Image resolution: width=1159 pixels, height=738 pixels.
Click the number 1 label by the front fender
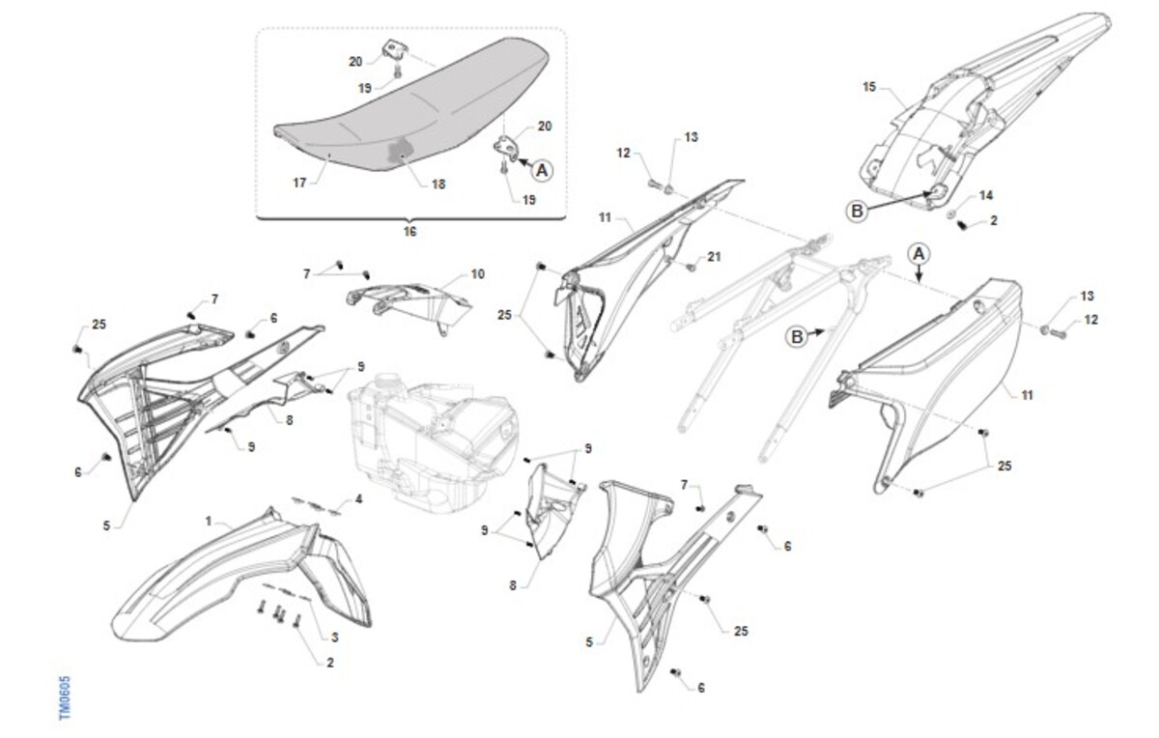[x=209, y=522]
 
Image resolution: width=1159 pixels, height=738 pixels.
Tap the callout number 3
[x=335, y=638]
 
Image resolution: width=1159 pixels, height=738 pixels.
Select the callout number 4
[x=358, y=500]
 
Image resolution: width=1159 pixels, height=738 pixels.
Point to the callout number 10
[x=477, y=274]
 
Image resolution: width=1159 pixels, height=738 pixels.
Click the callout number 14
[x=986, y=196]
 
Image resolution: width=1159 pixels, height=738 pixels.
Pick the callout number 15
[x=870, y=87]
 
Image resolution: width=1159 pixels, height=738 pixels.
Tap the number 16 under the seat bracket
[x=410, y=231]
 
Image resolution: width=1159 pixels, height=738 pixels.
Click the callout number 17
[x=299, y=183]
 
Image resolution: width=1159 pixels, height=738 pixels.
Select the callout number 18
[x=438, y=184]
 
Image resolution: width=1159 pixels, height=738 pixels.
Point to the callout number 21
[x=714, y=257]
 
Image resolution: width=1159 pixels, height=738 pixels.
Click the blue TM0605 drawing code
[x=64, y=697]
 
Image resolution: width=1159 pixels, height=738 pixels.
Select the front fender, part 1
[x=243, y=575]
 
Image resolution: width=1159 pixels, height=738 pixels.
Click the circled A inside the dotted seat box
[x=542, y=170]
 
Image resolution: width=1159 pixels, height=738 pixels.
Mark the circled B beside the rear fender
[x=857, y=212]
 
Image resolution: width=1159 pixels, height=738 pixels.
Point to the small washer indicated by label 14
[x=951, y=213]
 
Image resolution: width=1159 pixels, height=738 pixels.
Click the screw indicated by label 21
[x=691, y=267]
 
